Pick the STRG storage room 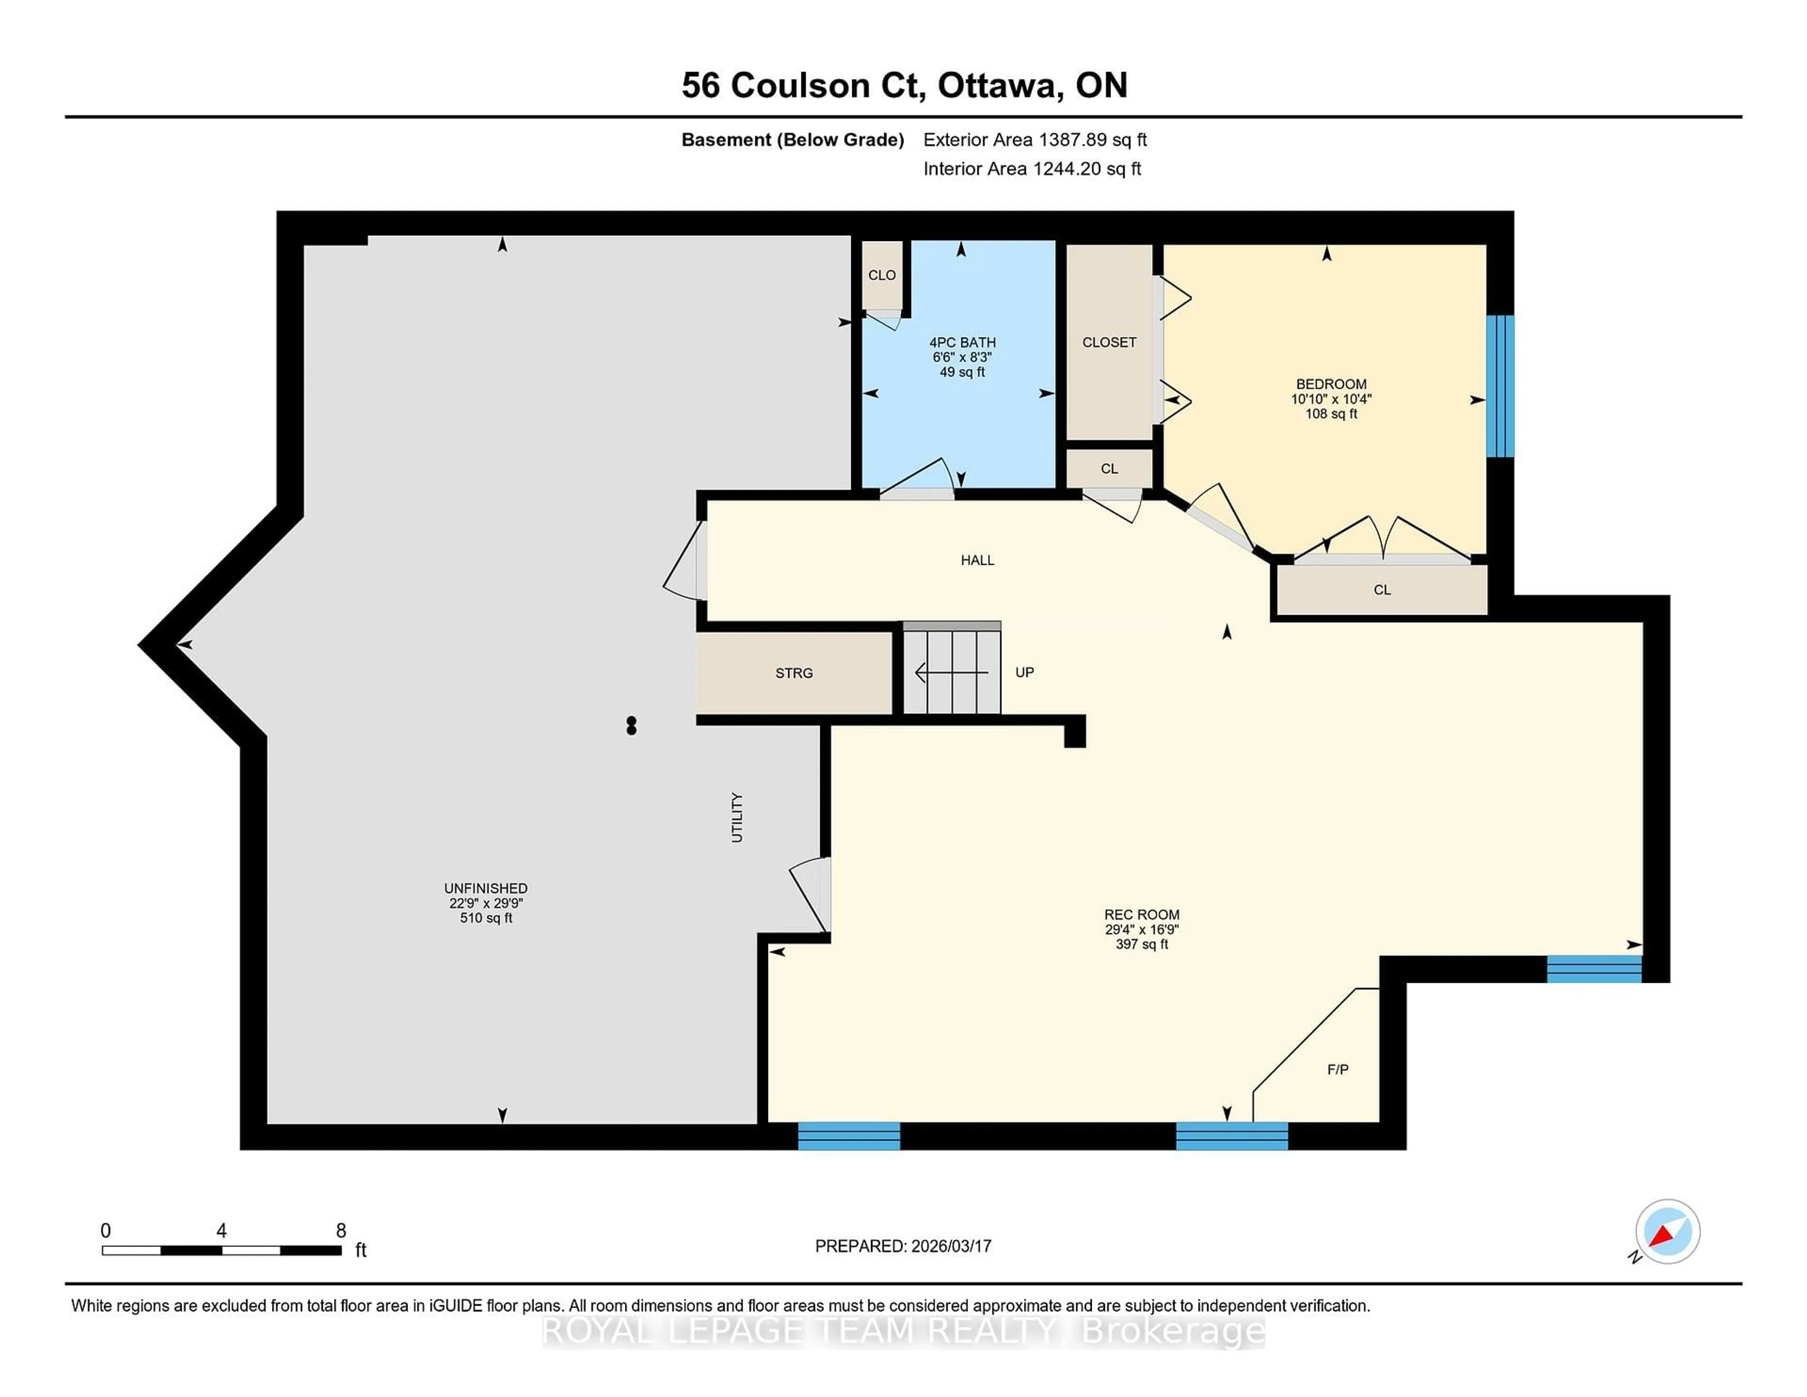point(793,673)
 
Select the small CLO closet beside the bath point(882,275)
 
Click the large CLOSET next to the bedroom point(1109,342)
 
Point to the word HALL point(977,560)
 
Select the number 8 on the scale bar point(340,1231)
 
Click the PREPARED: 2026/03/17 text point(903,1245)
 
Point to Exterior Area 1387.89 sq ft point(1034,140)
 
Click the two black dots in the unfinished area point(632,726)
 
